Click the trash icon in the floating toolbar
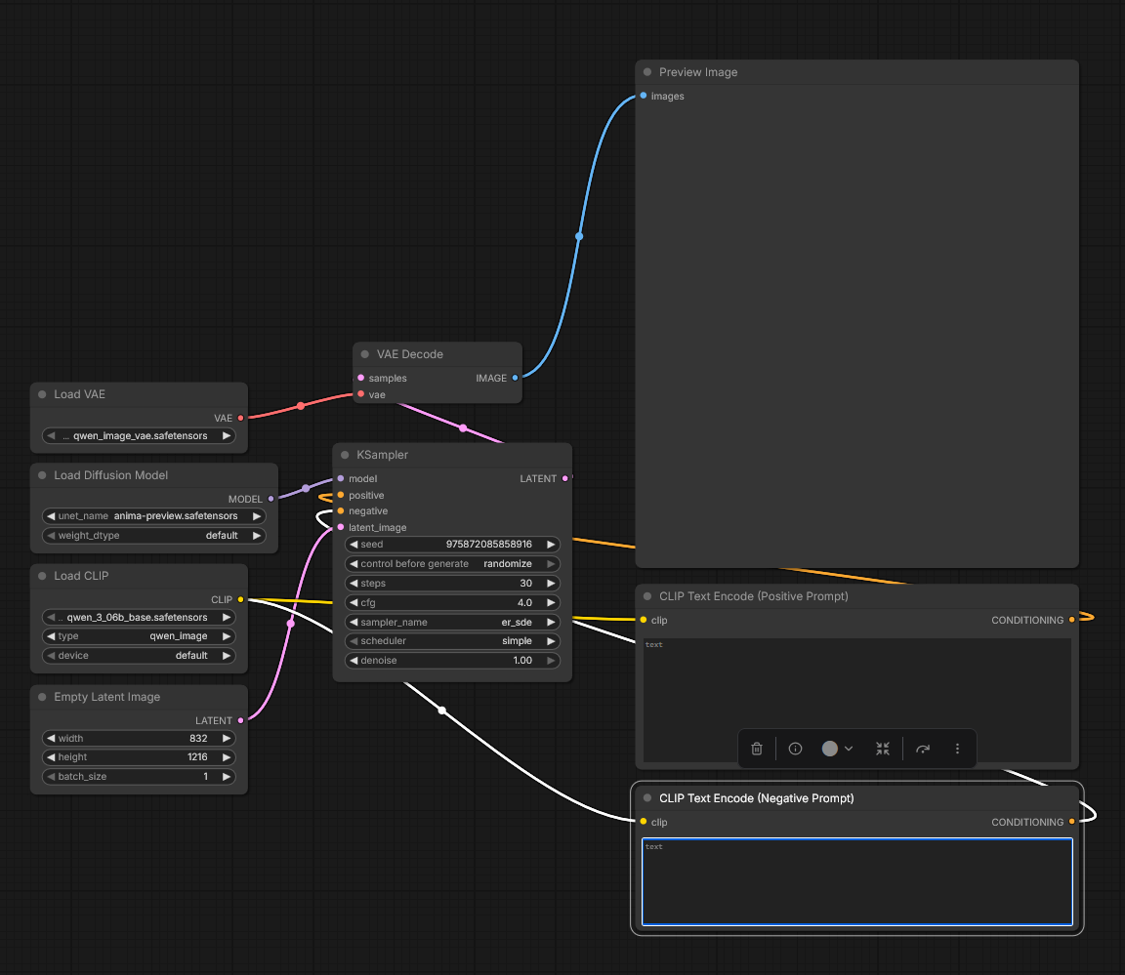coord(756,749)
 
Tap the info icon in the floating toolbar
coord(795,749)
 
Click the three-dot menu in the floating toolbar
coord(957,749)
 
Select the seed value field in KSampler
coord(452,545)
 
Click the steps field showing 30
coord(452,584)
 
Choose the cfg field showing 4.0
coord(452,603)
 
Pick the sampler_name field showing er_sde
coord(452,623)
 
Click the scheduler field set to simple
coord(452,641)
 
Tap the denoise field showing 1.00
coord(452,661)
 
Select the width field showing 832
coord(140,739)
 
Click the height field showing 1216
coord(140,757)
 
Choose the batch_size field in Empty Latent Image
coord(140,777)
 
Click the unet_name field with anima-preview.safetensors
coord(153,516)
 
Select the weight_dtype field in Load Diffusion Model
coord(153,536)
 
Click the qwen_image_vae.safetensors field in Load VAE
coord(140,436)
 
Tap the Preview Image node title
coord(698,72)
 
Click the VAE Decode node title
coord(410,354)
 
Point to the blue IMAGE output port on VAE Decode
coord(516,378)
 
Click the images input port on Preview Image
coord(644,96)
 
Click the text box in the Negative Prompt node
coord(857,882)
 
